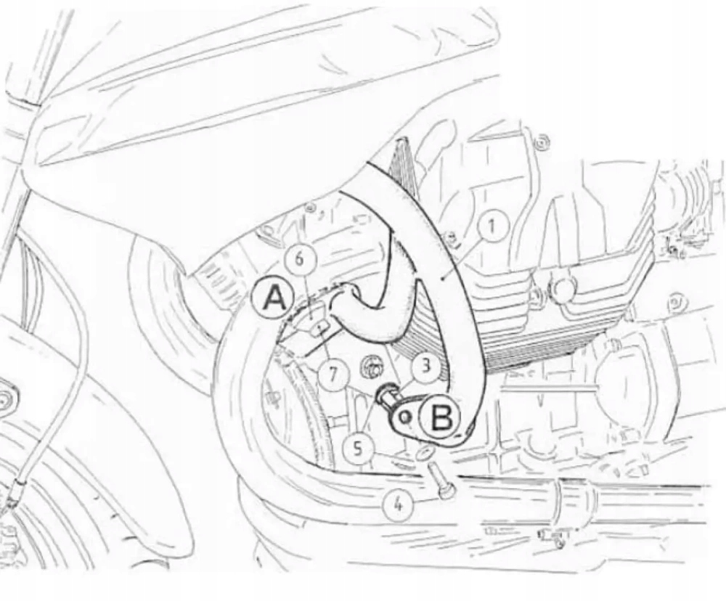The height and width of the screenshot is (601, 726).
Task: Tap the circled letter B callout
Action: pos(441,417)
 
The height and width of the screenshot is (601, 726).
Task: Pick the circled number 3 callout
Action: pos(425,366)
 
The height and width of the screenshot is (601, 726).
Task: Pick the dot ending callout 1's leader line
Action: pos(442,278)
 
